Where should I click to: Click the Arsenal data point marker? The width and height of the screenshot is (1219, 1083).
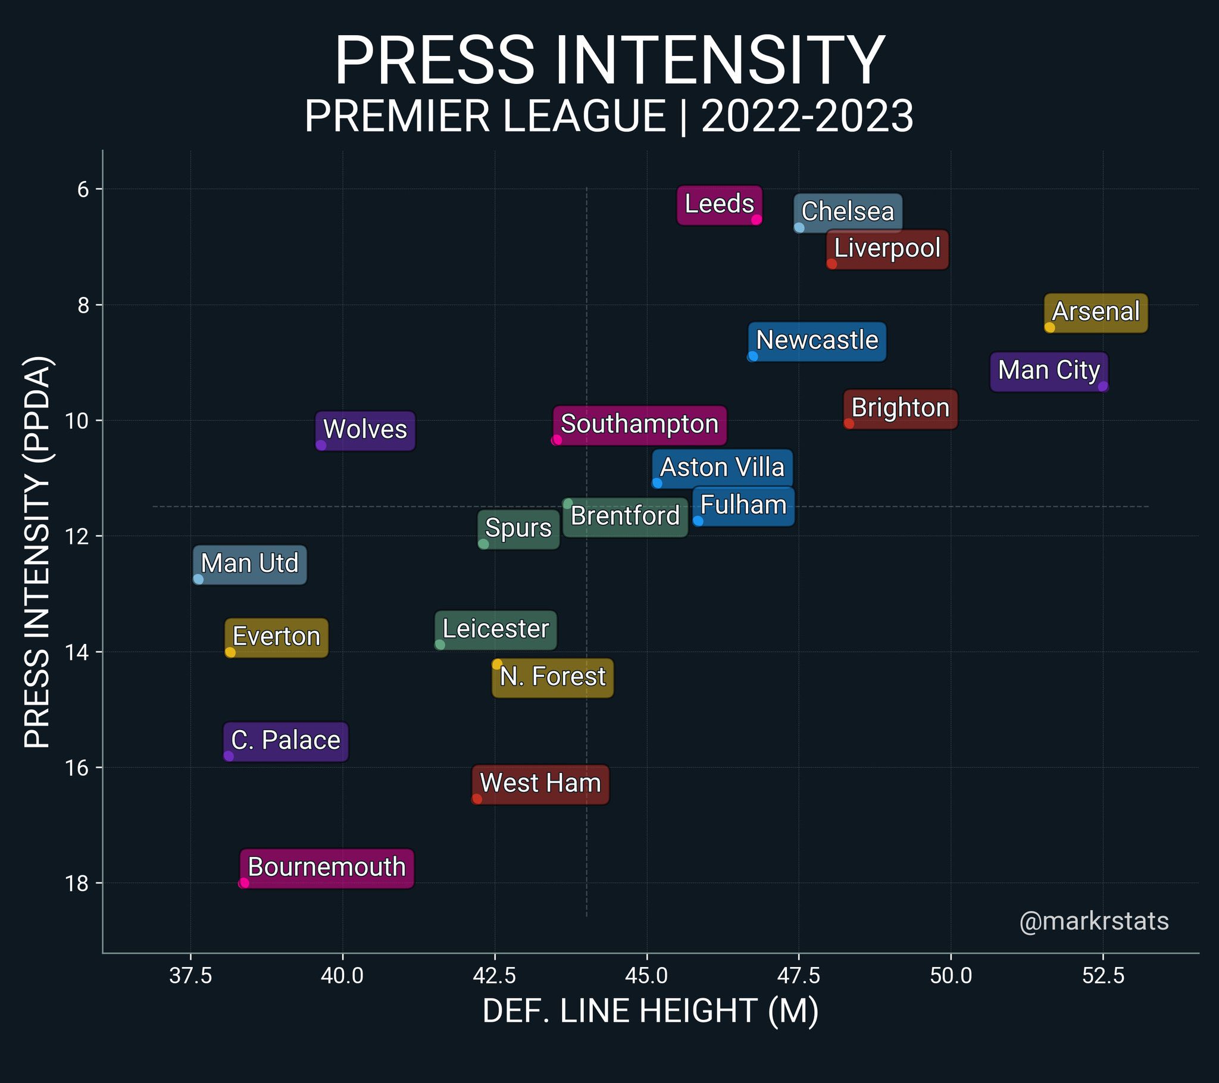[x=1049, y=327]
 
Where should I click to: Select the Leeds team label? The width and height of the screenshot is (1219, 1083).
[x=719, y=205]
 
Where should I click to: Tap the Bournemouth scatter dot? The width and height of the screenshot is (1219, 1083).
[x=244, y=883]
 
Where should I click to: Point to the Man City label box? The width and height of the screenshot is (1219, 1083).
[x=1048, y=371]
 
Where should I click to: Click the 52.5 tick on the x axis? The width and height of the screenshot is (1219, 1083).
[x=1103, y=976]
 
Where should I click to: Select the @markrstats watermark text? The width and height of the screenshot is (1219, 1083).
[x=1094, y=921]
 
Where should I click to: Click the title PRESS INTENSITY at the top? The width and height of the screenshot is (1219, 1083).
[x=609, y=61]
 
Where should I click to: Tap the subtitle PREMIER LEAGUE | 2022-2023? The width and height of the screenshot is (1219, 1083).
[x=609, y=116]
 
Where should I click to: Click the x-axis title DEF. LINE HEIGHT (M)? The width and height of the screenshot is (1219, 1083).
[x=650, y=1012]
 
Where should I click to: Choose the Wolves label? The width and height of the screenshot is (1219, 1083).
[x=365, y=430]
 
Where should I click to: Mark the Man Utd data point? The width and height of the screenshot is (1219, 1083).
[x=199, y=579]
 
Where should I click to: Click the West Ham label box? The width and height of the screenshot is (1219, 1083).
[x=540, y=784]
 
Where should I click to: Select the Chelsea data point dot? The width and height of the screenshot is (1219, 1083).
[x=799, y=228]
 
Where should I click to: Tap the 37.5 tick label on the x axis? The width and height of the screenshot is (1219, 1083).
[x=190, y=976]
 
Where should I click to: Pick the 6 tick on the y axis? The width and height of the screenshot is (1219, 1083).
[x=83, y=189]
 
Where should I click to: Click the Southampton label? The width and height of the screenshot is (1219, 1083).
[x=639, y=425]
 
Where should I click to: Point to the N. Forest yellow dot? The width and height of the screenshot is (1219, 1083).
[x=497, y=664]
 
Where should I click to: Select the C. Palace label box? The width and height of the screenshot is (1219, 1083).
[x=286, y=741]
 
